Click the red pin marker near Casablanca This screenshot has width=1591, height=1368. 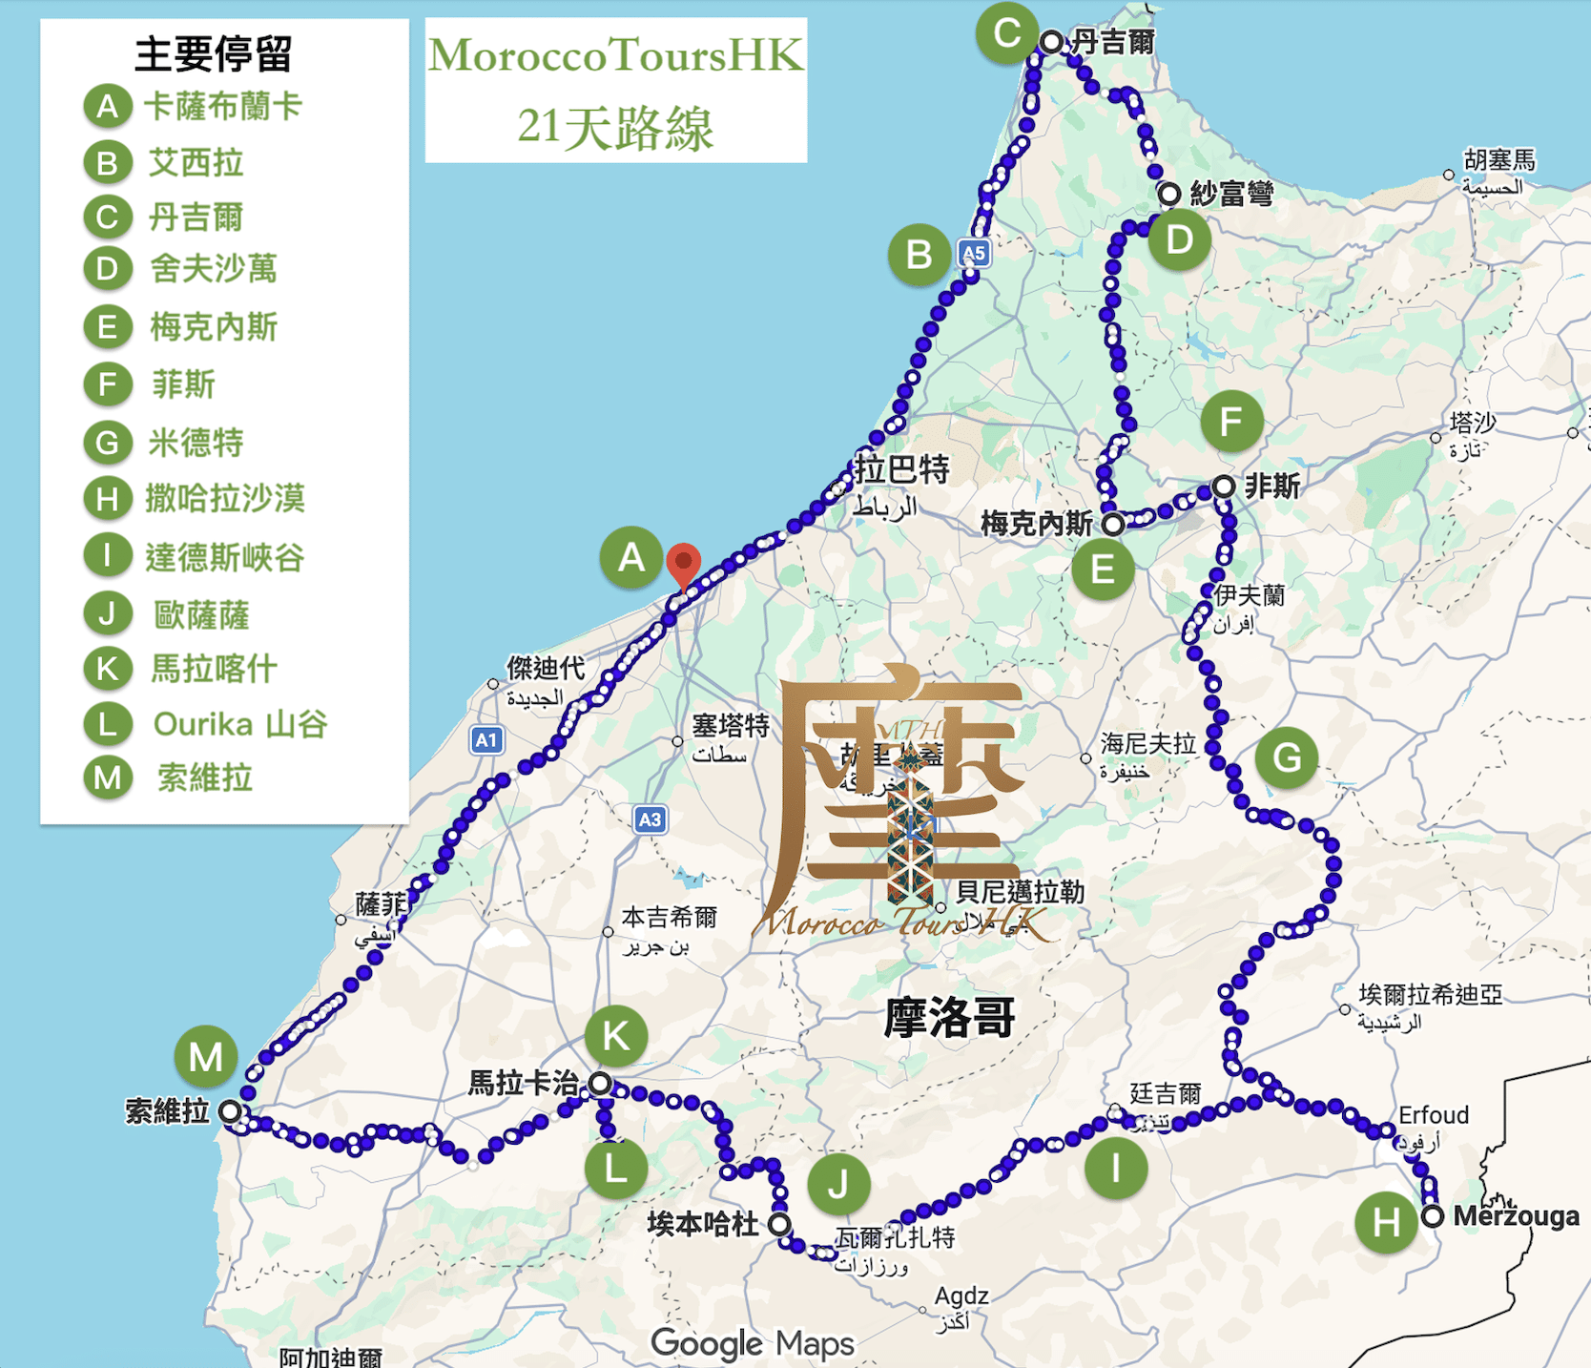[x=683, y=563]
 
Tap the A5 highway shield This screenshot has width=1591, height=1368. [x=973, y=254]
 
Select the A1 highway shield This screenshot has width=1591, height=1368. [x=486, y=739]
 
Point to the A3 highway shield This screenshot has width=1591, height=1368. [x=650, y=819]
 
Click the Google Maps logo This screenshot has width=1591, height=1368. [x=752, y=1343]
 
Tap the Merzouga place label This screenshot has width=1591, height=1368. [x=1516, y=1216]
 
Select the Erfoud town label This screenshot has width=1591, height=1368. [x=1433, y=1115]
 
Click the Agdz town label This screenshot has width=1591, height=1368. [x=961, y=1295]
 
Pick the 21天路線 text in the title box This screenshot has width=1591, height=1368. [x=615, y=127]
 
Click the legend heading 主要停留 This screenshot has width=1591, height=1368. [x=214, y=54]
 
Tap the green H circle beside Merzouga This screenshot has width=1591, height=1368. [x=1386, y=1222]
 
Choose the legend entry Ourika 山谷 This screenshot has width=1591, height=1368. [x=240, y=724]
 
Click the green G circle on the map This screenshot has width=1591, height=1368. [x=1287, y=758]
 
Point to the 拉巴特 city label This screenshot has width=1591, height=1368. [x=901, y=469]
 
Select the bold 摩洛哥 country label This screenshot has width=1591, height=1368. [x=949, y=1017]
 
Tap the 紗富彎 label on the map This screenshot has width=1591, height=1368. [x=1231, y=194]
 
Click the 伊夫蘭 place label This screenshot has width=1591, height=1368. [x=1249, y=595]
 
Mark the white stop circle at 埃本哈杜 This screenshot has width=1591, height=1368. [x=779, y=1224]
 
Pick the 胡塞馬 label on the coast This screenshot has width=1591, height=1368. [x=1498, y=159]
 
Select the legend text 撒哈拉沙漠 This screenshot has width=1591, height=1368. [x=225, y=498]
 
